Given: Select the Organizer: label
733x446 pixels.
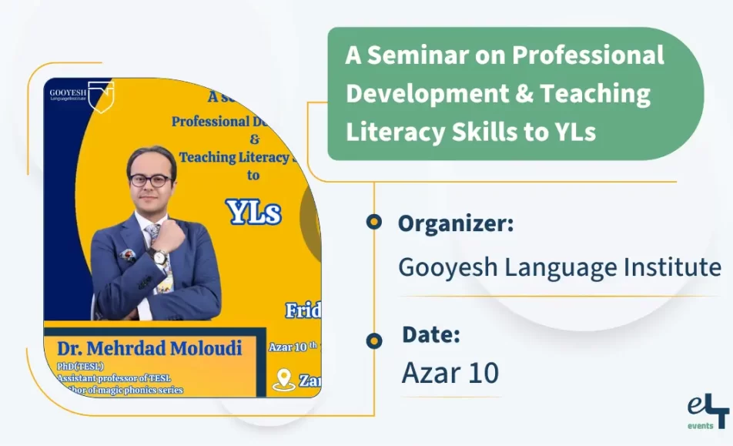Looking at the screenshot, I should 455,224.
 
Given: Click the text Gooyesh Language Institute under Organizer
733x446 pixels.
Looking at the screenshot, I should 559,267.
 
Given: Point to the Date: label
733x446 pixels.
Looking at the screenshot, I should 431,335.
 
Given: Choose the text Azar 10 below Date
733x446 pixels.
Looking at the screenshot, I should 450,373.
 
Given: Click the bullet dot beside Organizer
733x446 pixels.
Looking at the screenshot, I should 374,223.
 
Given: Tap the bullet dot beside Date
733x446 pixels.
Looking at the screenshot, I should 374,340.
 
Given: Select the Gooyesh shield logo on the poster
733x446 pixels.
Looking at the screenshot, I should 101,95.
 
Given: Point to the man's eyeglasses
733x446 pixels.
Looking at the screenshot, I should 150,180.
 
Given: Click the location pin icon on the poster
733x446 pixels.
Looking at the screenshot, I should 284,379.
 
